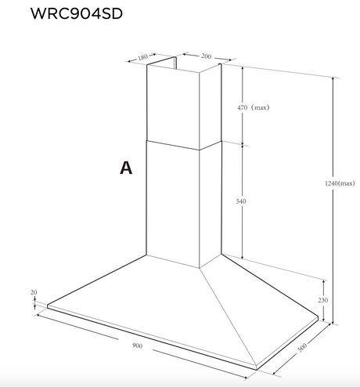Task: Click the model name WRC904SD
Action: point(77,13)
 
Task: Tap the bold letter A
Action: point(126,168)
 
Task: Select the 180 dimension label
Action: point(142,57)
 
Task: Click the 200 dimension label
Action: point(206,56)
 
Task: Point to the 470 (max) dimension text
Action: point(253,107)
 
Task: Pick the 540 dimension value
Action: point(241,201)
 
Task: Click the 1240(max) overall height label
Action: point(340,183)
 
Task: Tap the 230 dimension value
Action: point(322,300)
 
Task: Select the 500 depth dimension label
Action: point(302,347)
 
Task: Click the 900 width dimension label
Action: point(137,345)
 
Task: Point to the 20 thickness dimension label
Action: point(34,292)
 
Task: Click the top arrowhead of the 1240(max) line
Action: point(333,79)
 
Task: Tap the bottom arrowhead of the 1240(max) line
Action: point(333,322)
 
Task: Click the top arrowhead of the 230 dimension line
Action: point(324,282)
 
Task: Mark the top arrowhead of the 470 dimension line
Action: point(243,69)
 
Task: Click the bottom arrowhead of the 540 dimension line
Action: point(243,257)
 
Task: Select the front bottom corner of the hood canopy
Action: point(256,370)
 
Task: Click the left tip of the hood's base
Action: point(48,306)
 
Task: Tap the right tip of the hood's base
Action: point(319,317)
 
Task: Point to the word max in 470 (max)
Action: point(260,107)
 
